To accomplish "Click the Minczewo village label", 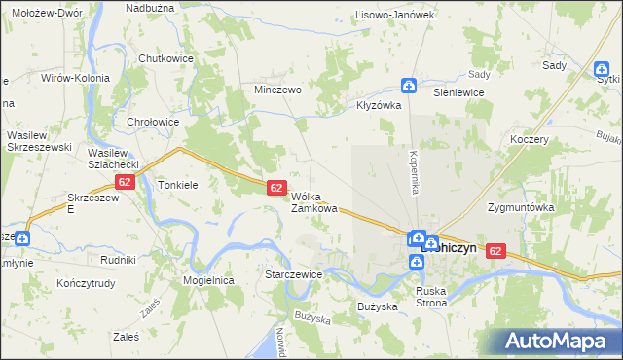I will click(277, 89).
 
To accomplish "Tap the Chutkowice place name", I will click(166, 58).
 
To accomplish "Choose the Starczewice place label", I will click(293, 275).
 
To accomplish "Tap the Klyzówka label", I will click(379, 105).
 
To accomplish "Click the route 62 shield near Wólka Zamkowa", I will click(276, 187).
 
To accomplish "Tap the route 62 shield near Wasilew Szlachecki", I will click(124, 182).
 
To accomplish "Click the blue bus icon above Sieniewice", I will click(410, 87).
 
